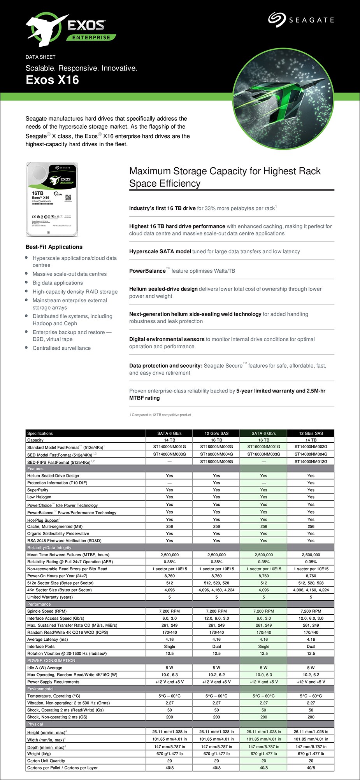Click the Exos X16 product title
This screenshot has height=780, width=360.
(x=52, y=80)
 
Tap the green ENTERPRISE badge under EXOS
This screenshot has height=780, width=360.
(x=91, y=38)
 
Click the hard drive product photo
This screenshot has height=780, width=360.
(x=50, y=199)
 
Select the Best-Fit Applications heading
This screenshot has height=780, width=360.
(x=54, y=247)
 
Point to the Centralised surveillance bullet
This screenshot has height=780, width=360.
(x=61, y=348)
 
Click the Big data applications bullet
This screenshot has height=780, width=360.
(x=58, y=283)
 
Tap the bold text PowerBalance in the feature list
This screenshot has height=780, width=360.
(x=147, y=271)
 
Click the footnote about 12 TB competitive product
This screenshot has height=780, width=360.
(x=160, y=415)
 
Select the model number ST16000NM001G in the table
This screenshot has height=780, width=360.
(x=263, y=447)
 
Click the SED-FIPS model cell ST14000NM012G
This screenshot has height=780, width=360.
(x=311, y=461)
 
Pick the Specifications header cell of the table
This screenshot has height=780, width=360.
(x=40, y=433)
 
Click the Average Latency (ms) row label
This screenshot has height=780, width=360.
(x=47, y=639)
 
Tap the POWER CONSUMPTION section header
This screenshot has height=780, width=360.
(x=51, y=661)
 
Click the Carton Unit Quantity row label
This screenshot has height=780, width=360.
(x=46, y=761)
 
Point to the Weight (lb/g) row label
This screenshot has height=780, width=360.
(x=39, y=754)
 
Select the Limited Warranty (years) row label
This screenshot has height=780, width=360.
(x=50, y=597)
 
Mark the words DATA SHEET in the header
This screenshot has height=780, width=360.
(x=40, y=57)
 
